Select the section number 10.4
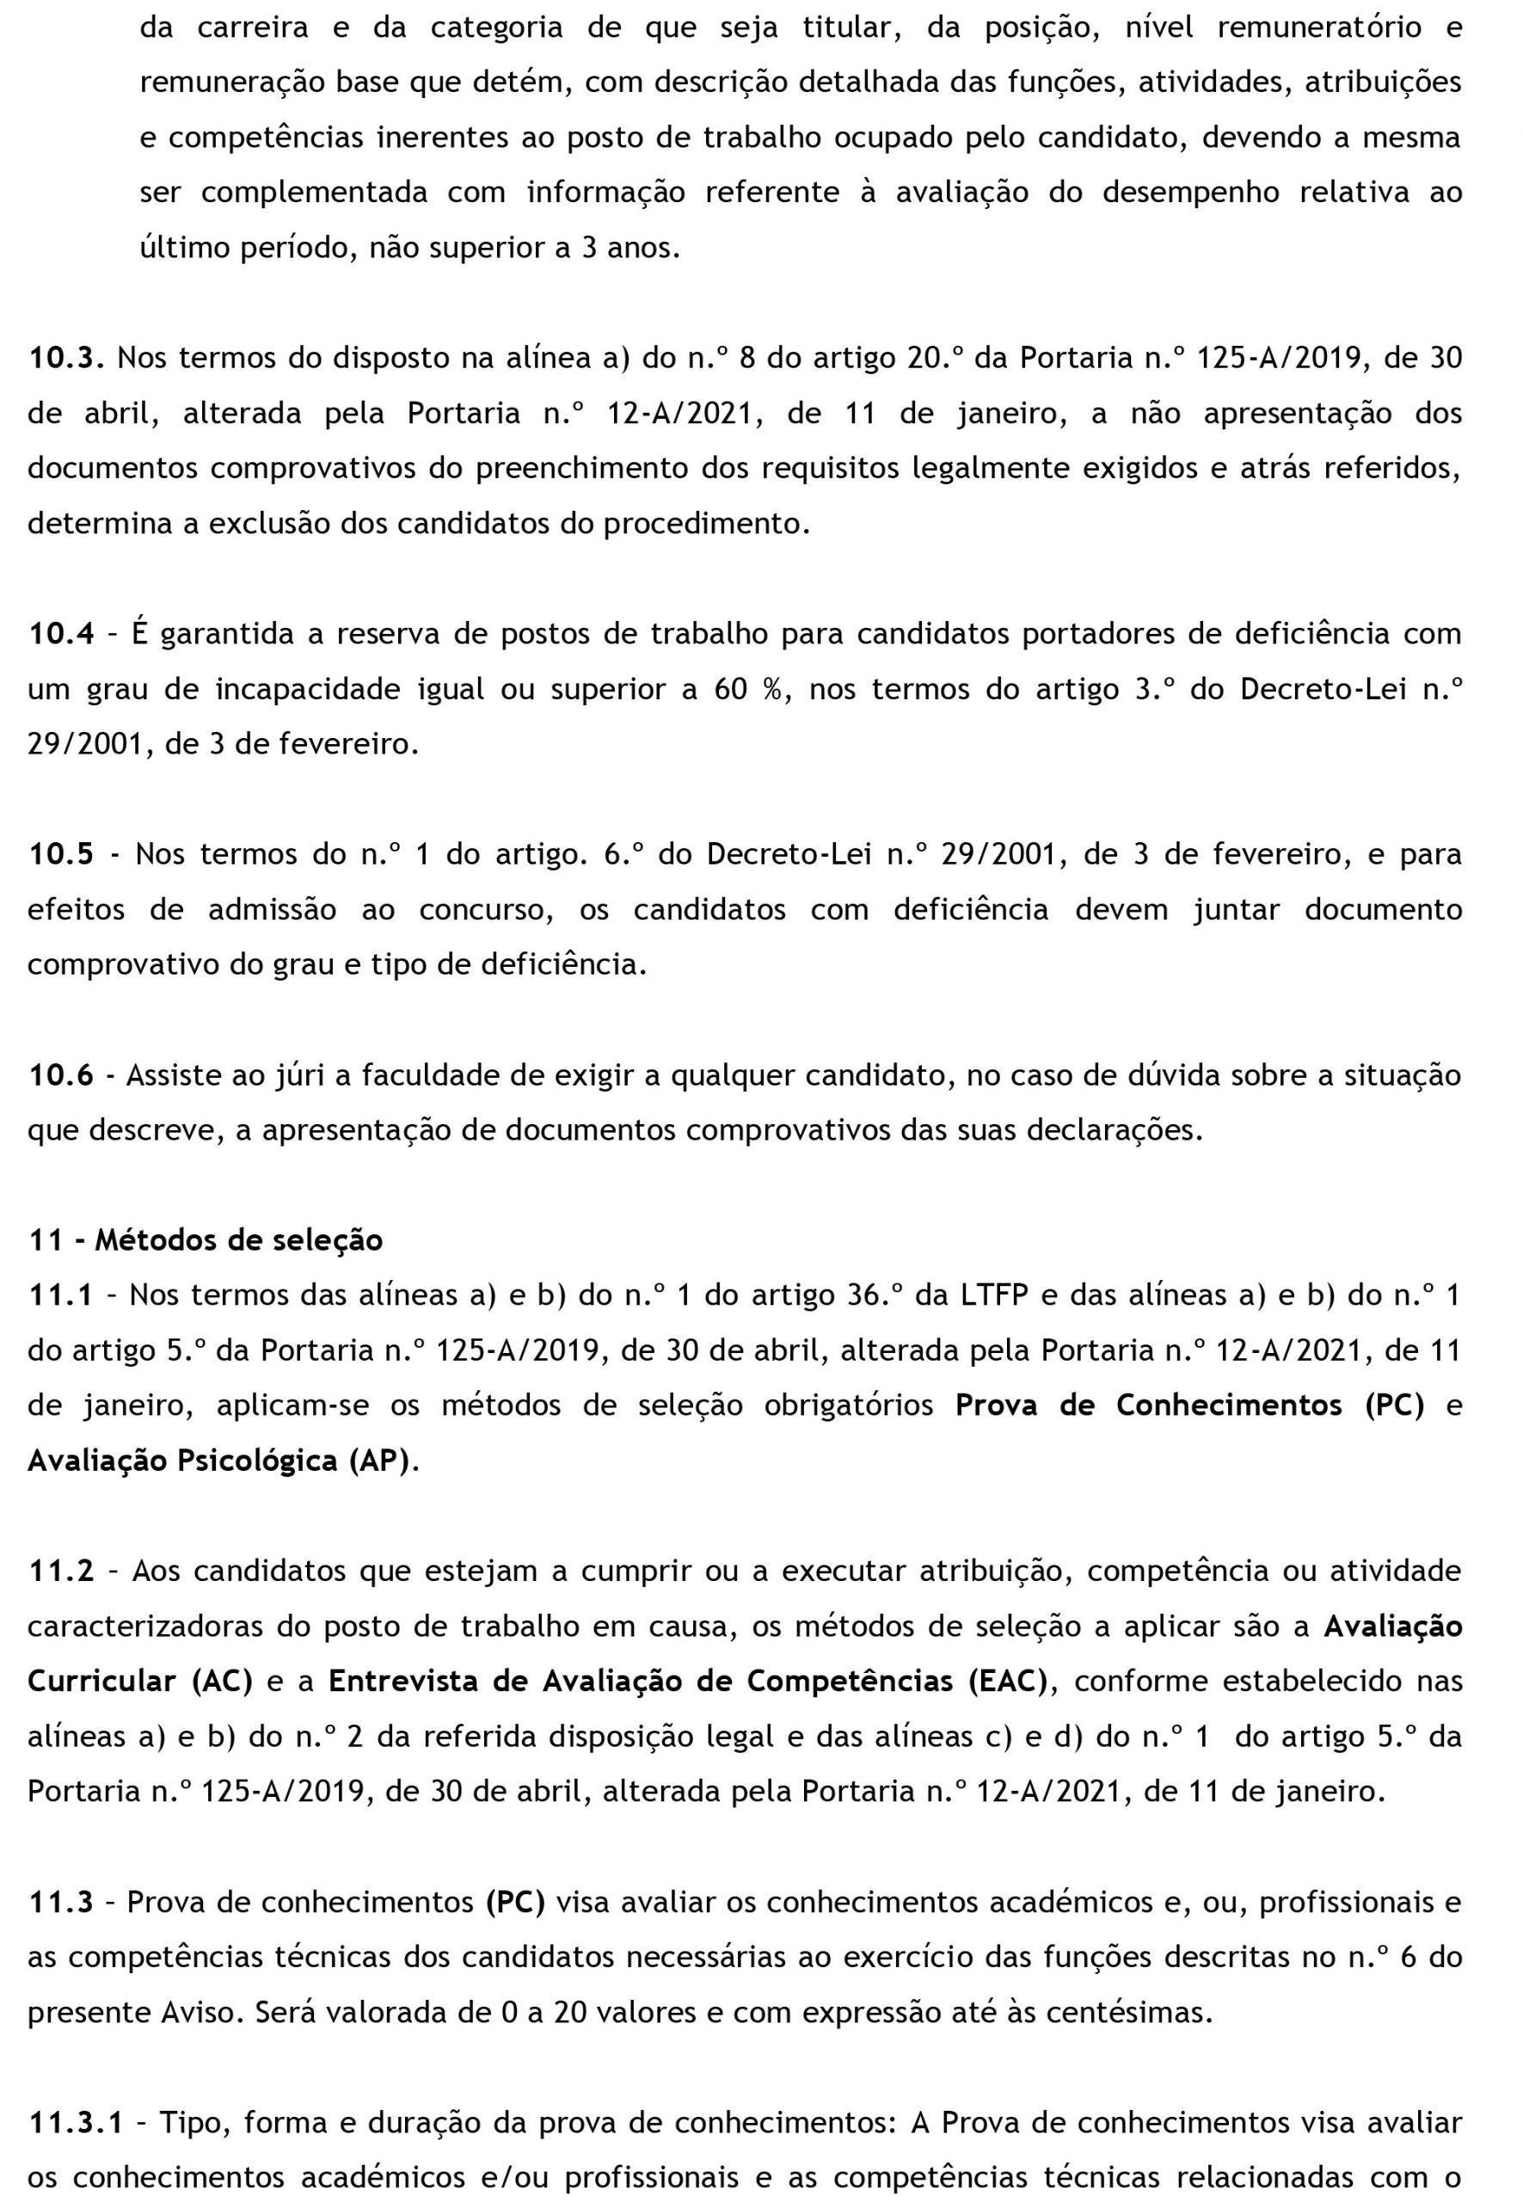tap(61, 634)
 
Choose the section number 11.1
tap(61, 1295)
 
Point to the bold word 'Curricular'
tap(102, 1681)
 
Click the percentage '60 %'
tap(750, 689)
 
